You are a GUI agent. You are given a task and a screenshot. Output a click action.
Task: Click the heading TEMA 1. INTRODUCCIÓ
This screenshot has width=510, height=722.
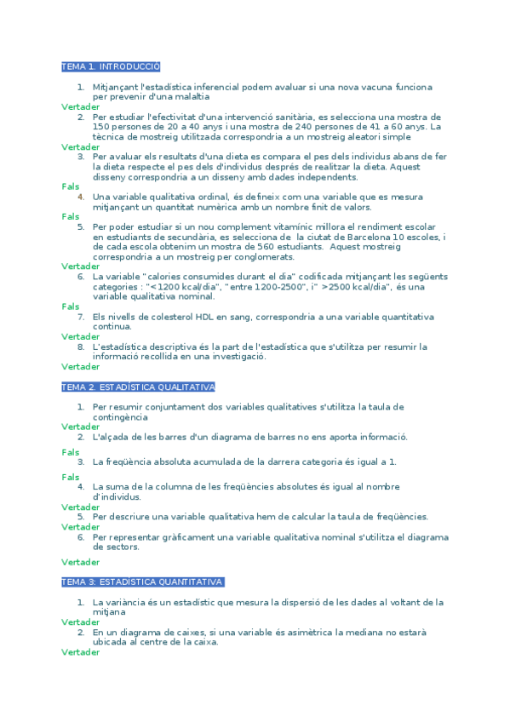(111, 66)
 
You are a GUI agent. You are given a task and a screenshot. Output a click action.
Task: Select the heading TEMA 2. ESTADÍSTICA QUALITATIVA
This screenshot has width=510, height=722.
(138, 387)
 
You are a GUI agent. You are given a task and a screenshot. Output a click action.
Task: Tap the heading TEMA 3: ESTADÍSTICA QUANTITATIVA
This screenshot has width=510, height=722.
(143, 582)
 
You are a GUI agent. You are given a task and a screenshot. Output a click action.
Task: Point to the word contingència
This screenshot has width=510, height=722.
(120, 417)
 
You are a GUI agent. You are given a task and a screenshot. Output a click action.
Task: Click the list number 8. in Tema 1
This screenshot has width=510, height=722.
(81, 347)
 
